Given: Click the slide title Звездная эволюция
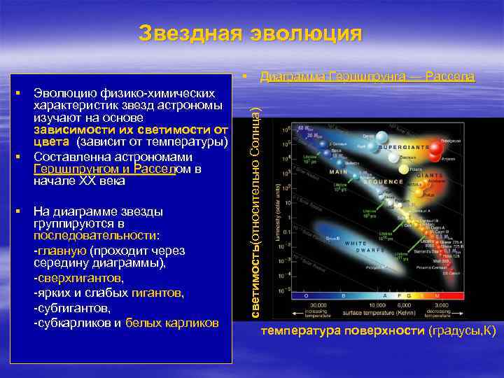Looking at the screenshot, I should click(x=251, y=34).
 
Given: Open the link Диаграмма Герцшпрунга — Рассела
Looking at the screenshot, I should click(x=367, y=76).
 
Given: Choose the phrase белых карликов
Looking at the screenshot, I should click(x=172, y=323).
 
